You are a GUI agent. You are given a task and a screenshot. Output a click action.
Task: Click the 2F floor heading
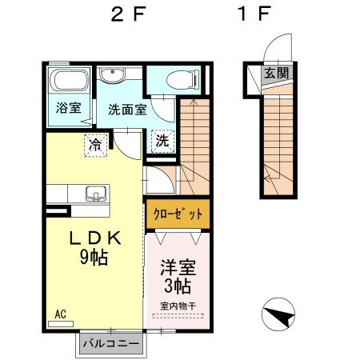click(x=129, y=14)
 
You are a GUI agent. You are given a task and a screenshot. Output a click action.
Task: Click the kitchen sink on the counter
click(x=96, y=193)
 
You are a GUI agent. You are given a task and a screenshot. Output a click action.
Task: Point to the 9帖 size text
click(x=93, y=258)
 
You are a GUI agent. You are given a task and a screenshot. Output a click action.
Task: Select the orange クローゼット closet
click(x=178, y=214)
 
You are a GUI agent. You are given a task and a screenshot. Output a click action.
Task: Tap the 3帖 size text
click(x=178, y=286)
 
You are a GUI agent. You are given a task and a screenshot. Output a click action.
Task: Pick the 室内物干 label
click(x=178, y=305)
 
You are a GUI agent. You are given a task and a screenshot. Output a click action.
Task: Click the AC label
click(x=61, y=314)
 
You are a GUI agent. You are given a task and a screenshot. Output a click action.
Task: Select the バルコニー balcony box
click(x=110, y=343)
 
